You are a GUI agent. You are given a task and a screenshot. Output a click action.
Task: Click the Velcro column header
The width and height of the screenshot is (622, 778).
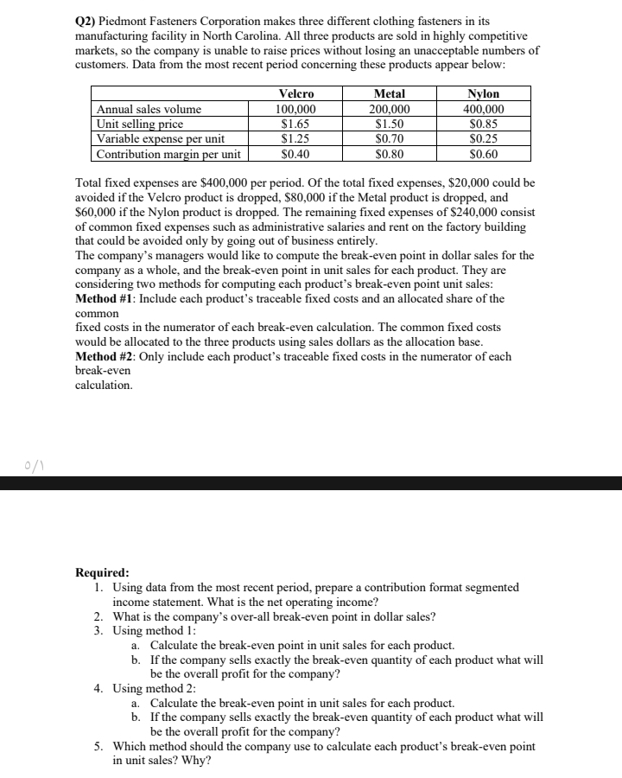coord(296,94)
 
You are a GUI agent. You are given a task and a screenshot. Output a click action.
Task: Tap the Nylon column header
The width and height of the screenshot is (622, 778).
coord(483,94)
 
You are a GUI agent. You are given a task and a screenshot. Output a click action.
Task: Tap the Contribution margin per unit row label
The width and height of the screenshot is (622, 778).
coord(168,155)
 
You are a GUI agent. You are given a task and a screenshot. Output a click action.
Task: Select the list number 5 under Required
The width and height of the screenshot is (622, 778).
coord(99,746)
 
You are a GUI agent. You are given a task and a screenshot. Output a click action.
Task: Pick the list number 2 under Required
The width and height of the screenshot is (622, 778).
coord(99,616)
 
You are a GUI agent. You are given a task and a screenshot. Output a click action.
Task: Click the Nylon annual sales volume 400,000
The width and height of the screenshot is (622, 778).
coord(483,110)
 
